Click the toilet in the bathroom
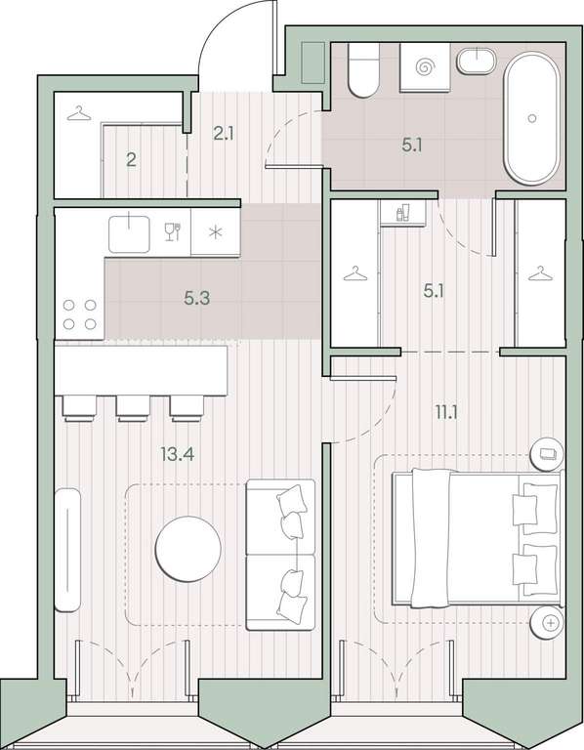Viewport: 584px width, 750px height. coord(363,70)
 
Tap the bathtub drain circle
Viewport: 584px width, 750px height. coord(532,118)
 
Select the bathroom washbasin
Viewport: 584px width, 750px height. coord(477,62)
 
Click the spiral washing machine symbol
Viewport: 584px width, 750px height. coord(424,66)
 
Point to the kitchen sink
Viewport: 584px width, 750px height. coord(129,233)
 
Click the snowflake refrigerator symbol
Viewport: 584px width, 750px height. coord(216,232)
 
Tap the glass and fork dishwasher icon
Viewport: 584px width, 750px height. coord(172,232)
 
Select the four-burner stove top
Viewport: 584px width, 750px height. coord(80,314)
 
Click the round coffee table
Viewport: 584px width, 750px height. coord(188,549)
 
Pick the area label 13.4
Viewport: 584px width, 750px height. coord(178,454)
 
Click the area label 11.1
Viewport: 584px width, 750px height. coord(445,412)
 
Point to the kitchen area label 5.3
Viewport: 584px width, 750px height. coord(197,299)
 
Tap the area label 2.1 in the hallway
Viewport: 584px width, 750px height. coord(224,134)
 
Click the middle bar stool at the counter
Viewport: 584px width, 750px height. coord(134,408)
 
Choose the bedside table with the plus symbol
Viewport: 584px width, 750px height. coord(547,622)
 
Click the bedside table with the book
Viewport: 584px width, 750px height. coord(547,454)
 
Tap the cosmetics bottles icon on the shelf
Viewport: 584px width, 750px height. coord(403,212)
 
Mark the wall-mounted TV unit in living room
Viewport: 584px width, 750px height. coord(67,550)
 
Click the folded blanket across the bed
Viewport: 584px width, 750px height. coord(431,538)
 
